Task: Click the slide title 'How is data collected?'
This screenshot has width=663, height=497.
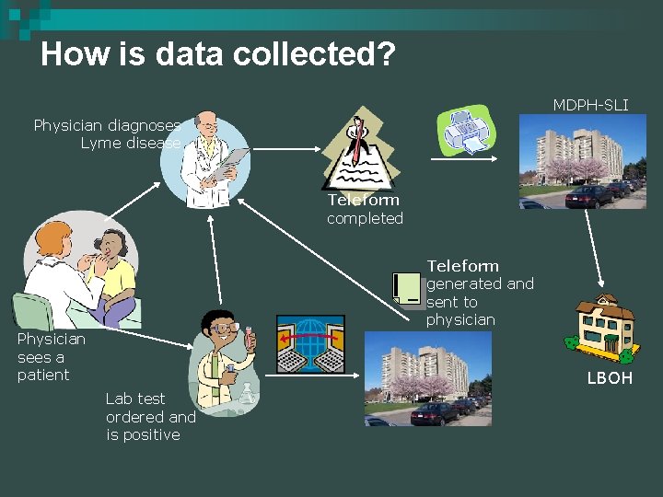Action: (x=218, y=53)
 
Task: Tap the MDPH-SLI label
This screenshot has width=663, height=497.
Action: (x=590, y=105)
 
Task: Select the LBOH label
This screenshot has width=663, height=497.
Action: (x=610, y=378)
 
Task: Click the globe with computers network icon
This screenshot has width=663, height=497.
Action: (x=310, y=344)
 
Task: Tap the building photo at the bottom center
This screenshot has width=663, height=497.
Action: (x=429, y=378)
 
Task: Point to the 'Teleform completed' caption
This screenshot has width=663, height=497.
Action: (x=365, y=209)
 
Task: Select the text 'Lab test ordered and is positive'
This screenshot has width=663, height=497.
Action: (x=151, y=416)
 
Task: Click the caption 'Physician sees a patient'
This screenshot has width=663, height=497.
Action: (x=51, y=357)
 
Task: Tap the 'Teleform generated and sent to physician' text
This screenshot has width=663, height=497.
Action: (x=479, y=293)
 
